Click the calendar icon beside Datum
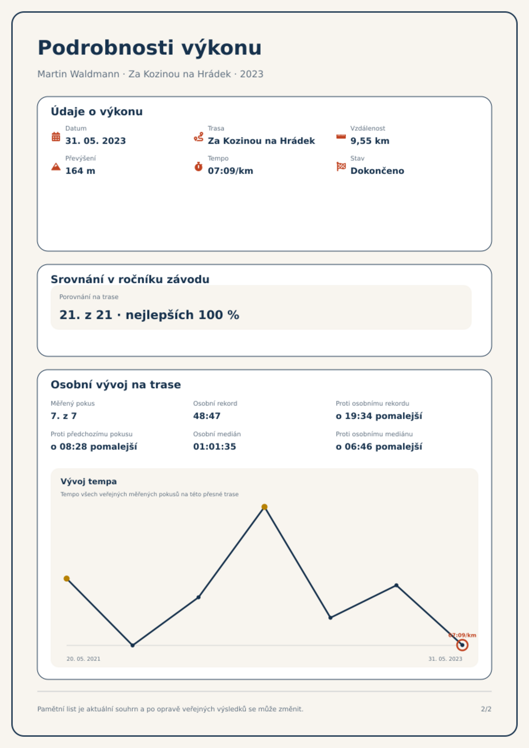(x=56, y=137)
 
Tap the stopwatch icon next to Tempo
(x=199, y=167)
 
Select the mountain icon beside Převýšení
(x=56, y=167)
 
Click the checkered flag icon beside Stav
(x=341, y=167)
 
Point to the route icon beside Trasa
(x=199, y=137)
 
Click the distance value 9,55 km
(x=370, y=141)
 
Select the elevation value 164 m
(x=80, y=171)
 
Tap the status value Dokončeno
(x=377, y=171)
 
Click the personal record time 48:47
(x=207, y=416)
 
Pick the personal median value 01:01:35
(x=215, y=447)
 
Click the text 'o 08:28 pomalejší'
(x=94, y=447)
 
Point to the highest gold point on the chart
(x=264, y=507)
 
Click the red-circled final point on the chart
(x=462, y=645)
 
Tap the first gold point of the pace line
(x=67, y=578)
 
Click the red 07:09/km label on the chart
(x=462, y=635)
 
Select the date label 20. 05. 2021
(x=83, y=659)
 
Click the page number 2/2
(x=486, y=709)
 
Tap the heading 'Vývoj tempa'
(x=89, y=482)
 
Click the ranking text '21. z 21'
(x=86, y=315)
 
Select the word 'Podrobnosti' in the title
(x=106, y=48)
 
